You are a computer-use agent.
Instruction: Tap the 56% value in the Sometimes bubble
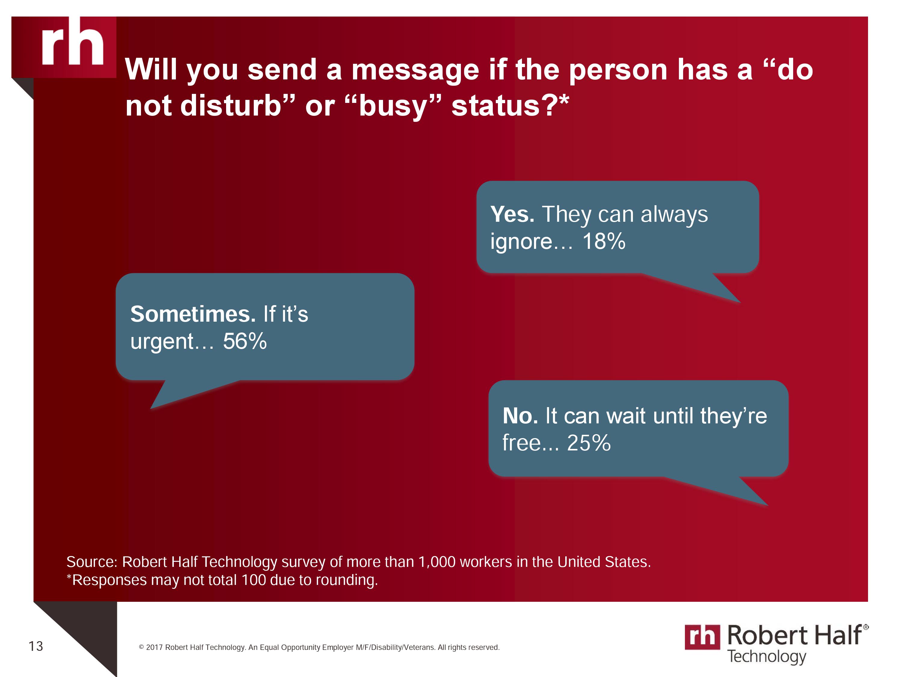tap(245, 341)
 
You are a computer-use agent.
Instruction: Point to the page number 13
tap(36, 646)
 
